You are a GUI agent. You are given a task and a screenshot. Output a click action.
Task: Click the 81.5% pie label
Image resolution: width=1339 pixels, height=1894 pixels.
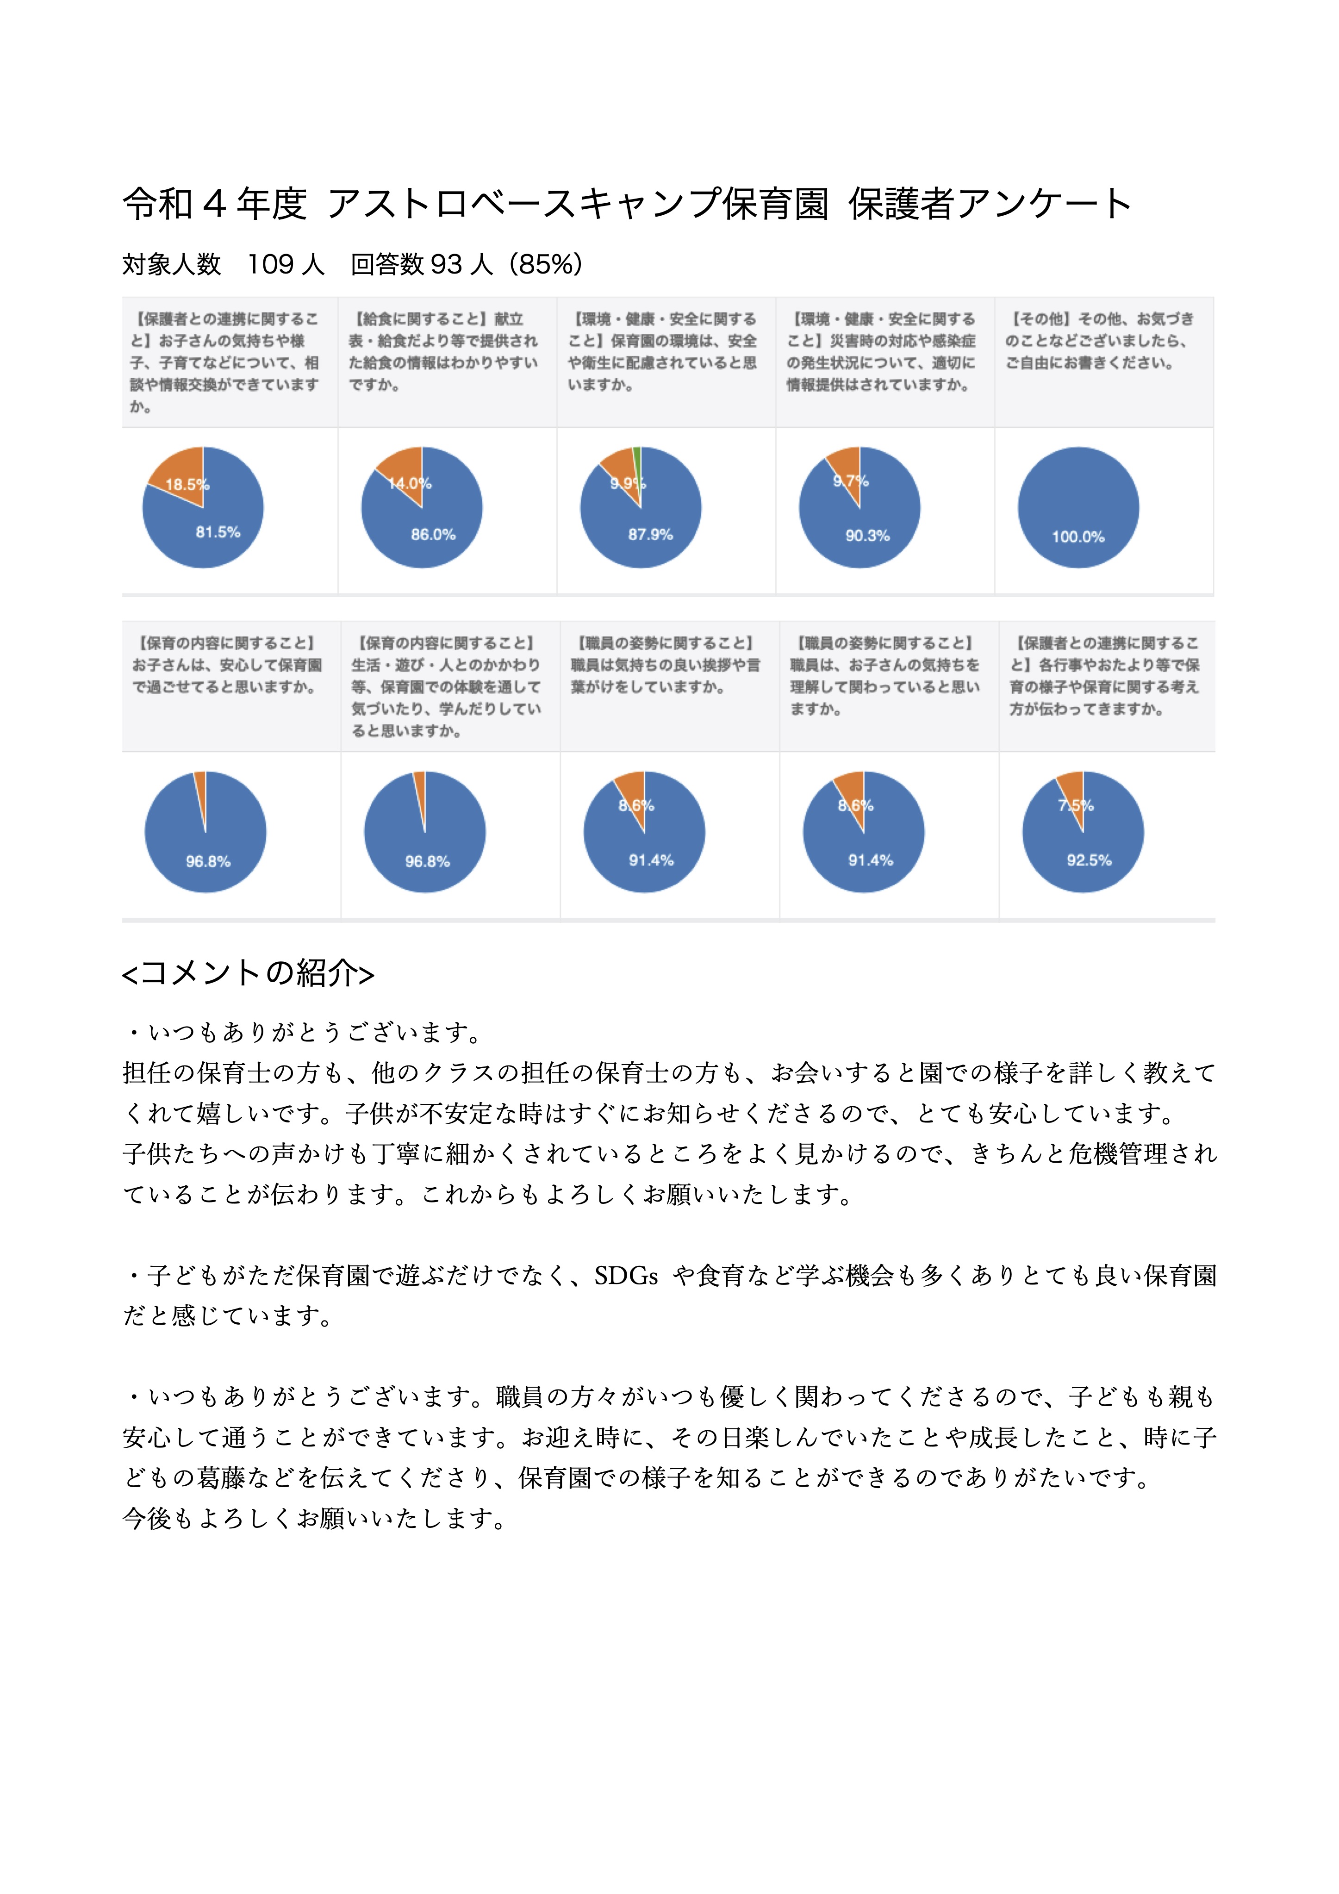218,532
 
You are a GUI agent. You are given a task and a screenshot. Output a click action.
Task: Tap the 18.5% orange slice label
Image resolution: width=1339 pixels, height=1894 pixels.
187,484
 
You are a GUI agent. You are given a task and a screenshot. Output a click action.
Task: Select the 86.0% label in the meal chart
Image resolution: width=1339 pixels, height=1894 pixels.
433,535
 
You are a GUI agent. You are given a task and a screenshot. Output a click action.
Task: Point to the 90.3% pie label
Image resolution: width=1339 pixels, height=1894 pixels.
867,536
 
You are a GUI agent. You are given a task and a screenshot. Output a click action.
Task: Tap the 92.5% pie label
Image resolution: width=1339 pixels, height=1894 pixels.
1089,860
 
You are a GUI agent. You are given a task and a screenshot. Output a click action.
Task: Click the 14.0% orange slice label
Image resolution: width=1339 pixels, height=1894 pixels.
410,483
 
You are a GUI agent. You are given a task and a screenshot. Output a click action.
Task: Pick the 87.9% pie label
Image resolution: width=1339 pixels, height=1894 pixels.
650,535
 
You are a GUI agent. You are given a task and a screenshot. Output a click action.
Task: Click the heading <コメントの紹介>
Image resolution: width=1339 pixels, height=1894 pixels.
248,973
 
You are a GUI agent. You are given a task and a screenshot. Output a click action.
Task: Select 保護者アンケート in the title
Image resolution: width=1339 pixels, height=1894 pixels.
990,203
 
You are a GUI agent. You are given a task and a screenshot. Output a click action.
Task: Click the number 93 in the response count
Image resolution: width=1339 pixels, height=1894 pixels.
446,264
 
